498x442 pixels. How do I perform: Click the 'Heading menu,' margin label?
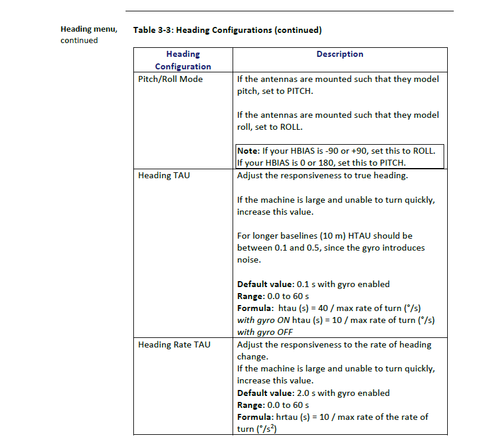pyautogui.click(x=88, y=29)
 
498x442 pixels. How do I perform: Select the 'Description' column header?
pyautogui.click(x=340, y=54)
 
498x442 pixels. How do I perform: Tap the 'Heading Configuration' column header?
pyautogui.click(x=183, y=60)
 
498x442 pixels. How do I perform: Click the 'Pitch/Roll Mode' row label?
pyautogui.click(x=170, y=79)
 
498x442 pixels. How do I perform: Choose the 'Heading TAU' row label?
pyautogui.click(x=164, y=176)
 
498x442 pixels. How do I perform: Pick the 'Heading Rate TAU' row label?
pyautogui.click(x=174, y=345)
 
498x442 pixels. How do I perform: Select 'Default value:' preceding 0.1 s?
pyautogui.click(x=265, y=284)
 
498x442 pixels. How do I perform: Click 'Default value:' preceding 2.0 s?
pyautogui.click(x=265, y=393)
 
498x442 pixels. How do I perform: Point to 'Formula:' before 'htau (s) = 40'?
pyautogui.click(x=255, y=308)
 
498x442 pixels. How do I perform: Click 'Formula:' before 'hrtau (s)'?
pyautogui.click(x=255, y=417)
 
